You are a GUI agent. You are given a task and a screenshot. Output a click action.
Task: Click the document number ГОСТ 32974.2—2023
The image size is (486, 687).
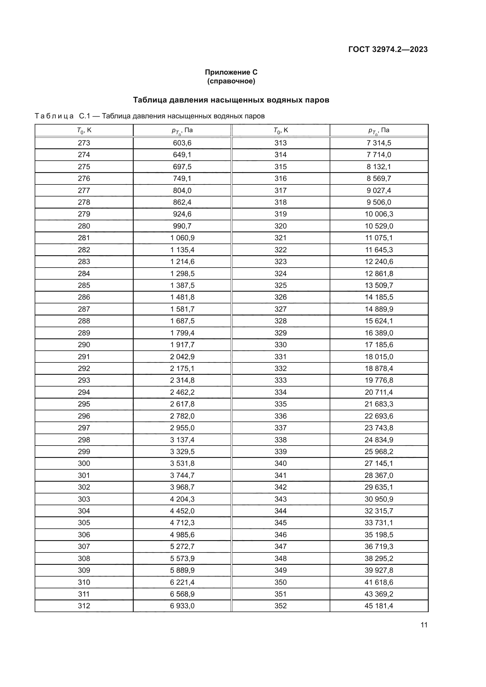pos(388,49)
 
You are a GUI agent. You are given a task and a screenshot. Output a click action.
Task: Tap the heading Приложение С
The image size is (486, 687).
pos(231,72)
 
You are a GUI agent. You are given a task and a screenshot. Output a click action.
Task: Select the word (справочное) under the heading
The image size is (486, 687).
pos(231,81)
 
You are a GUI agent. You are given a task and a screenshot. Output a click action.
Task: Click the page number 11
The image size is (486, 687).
pos(424,625)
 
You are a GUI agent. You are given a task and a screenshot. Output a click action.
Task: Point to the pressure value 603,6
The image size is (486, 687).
pos(182,143)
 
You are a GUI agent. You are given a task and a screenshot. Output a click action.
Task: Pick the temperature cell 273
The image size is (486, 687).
pos(84,143)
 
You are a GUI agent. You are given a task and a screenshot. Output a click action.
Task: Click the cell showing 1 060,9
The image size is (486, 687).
pos(182,238)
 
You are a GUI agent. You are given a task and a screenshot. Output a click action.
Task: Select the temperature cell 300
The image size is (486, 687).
pos(84,463)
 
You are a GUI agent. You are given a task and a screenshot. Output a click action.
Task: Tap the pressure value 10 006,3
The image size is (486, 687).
pos(379,214)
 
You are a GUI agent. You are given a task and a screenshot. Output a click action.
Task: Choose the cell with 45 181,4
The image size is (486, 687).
pos(379,606)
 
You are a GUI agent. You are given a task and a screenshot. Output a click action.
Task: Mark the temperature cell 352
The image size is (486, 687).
pos(280,606)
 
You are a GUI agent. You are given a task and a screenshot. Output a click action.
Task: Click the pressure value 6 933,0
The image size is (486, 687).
pos(182,606)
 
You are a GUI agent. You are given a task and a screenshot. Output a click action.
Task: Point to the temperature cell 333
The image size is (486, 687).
pos(280,380)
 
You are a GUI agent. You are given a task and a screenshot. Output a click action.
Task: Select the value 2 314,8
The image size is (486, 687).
pos(182,380)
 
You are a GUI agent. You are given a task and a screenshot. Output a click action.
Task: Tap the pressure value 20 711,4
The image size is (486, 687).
pos(379,392)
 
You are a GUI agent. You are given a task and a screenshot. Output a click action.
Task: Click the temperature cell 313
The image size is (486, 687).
pos(280,143)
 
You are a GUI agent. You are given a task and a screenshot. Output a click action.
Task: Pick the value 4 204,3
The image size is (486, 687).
pos(182,499)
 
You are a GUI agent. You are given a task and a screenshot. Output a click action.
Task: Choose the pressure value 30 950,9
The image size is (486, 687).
pos(379,499)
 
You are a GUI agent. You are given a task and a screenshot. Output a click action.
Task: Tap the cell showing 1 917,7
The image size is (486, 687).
pos(182,345)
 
